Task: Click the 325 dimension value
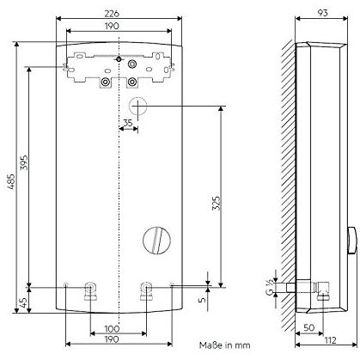(x=217, y=204)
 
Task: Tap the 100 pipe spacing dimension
(x=113, y=328)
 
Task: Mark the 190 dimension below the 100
(x=113, y=340)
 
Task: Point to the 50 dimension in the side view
(x=308, y=328)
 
